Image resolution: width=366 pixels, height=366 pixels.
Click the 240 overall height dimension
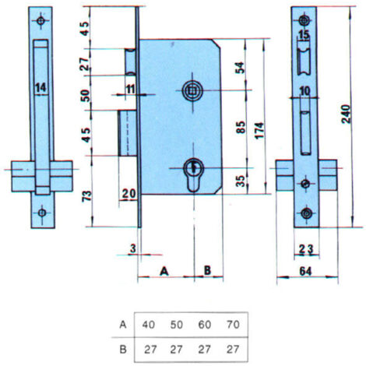tap(346, 114)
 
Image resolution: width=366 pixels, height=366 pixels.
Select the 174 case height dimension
tap(259, 130)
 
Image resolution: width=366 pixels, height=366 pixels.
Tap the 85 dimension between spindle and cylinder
tap(241, 127)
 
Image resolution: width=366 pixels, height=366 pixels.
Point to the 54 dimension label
tap(240, 68)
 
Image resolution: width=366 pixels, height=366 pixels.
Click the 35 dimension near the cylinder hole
tap(241, 181)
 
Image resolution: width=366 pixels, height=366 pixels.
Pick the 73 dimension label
tap(87, 195)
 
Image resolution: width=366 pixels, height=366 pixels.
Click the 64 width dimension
tap(305, 272)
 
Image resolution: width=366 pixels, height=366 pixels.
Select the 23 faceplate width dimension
tap(306, 249)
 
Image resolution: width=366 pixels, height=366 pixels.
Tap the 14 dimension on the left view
tap(41, 88)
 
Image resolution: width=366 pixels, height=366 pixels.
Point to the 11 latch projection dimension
tap(131, 90)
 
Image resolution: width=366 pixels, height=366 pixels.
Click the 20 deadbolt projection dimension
tap(128, 194)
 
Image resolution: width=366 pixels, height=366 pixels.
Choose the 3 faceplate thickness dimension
tap(133, 248)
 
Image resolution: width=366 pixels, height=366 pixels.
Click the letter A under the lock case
tap(164, 271)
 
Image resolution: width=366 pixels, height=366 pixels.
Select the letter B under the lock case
tap(207, 270)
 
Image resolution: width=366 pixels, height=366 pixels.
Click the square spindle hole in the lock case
tap(192, 90)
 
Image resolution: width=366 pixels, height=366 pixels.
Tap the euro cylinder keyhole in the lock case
tap(193, 174)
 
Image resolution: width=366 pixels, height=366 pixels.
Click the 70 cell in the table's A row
tap(233, 325)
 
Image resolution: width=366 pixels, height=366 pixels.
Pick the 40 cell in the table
tap(149, 325)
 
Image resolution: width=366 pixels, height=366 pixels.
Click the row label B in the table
tap(123, 350)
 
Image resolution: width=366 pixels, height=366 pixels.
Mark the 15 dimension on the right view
tap(304, 35)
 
